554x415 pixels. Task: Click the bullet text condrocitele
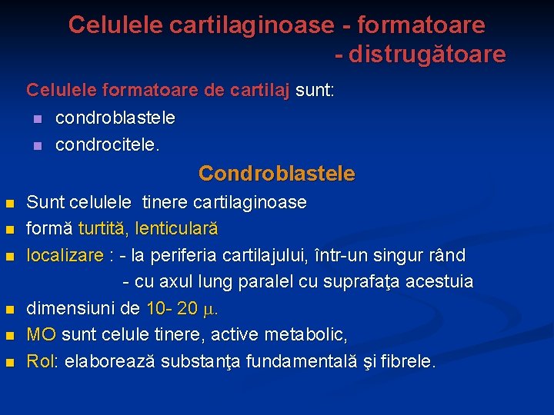[x=108, y=144]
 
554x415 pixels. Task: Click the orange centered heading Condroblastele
[x=277, y=174]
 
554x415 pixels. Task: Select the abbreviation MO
[x=41, y=335]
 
